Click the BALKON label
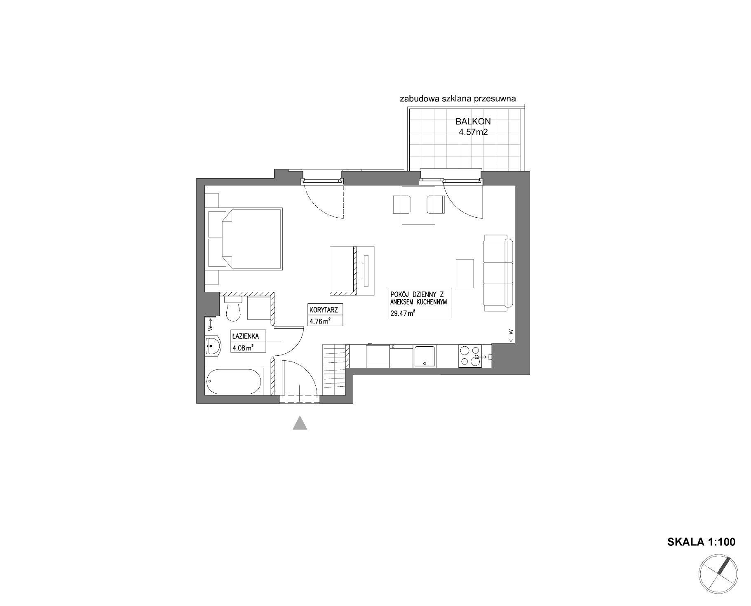click(473, 122)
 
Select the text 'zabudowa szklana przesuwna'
click(458, 99)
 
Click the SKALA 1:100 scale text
click(701, 542)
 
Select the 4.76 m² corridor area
click(320, 321)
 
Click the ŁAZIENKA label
click(246, 336)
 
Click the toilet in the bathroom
click(233, 309)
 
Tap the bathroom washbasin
click(213, 345)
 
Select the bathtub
click(234, 382)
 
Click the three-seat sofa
click(498, 273)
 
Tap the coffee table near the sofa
click(465, 273)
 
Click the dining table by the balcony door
click(419, 205)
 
